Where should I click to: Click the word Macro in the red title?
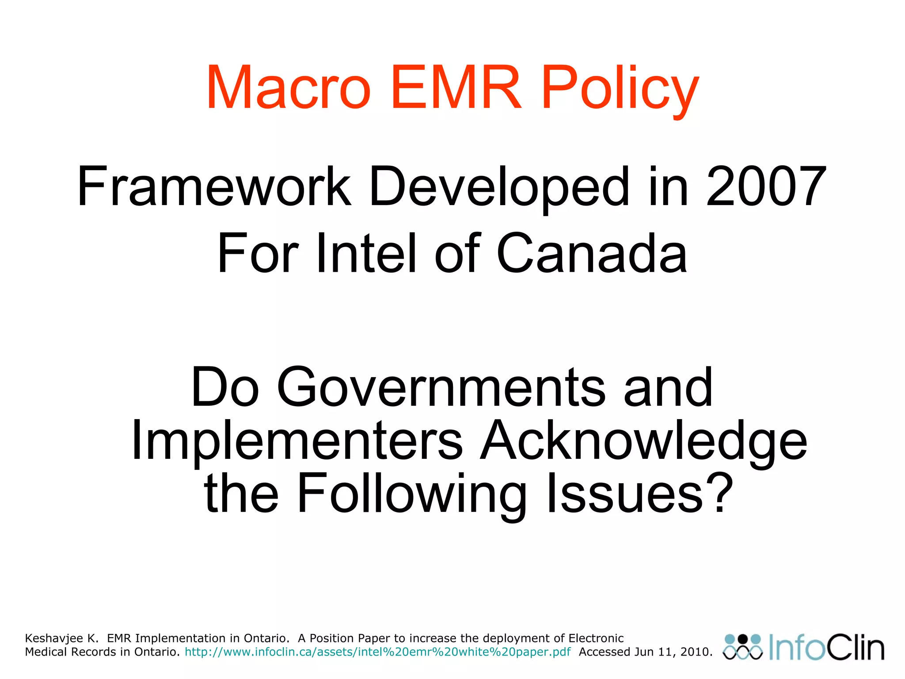click(x=288, y=88)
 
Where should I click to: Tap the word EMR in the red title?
click(x=456, y=88)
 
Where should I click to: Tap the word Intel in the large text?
click(x=367, y=253)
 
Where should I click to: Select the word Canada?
click(x=592, y=253)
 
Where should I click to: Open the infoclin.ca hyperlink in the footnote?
click(x=377, y=652)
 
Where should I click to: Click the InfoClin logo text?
click(x=826, y=648)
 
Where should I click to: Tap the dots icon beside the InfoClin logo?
click(x=743, y=648)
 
